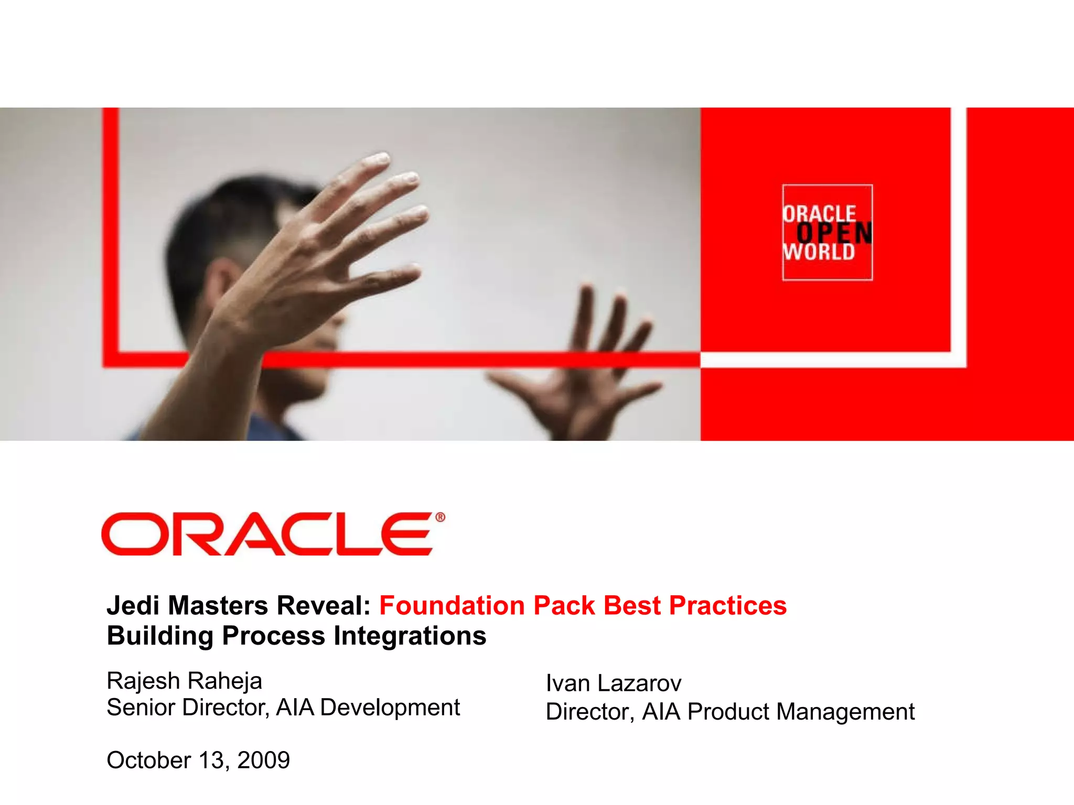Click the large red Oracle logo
coord(267,534)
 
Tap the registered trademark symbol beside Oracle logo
coord(440,518)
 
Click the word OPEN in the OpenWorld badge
coord(834,233)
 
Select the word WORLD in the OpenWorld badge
coord(819,252)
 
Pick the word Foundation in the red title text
coord(452,606)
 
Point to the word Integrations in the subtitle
coord(410,636)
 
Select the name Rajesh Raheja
coord(184,681)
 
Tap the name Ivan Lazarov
coord(613,683)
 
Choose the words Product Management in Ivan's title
coord(801,712)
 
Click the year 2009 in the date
coord(263,760)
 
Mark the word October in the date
coord(149,760)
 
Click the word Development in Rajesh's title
coord(390,708)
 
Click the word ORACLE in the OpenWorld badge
coord(819,214)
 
